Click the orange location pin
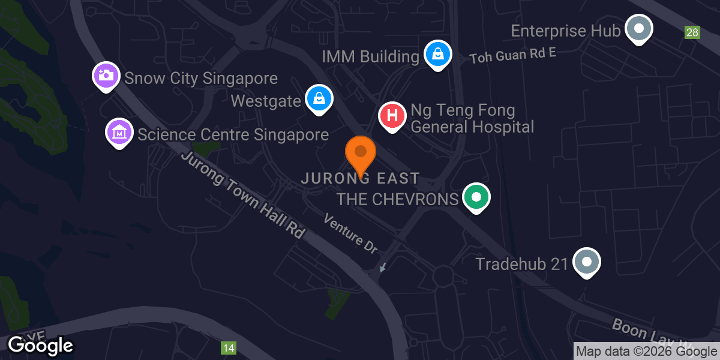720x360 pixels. [x=361, y=152]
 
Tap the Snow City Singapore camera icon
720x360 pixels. [x=106, y=76]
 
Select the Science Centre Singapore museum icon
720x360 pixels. [x=119, y=131]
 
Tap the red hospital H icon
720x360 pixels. [x=392, y=115]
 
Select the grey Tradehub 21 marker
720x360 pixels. [x=587, y=262]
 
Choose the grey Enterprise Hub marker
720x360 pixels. [x=638, y=28]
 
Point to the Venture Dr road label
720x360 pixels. [x=350, y=233]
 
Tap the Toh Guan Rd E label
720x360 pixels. [x=513, y=55]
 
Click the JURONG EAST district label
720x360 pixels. [x=360, y=179]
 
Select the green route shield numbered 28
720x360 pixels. [x=692, y=32]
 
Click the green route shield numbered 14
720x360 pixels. [x=228, y=347]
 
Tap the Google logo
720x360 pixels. [x=40, y=345]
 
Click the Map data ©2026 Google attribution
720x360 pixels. [x=646, y=352]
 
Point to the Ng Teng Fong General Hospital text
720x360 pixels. [x=472, y=119]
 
